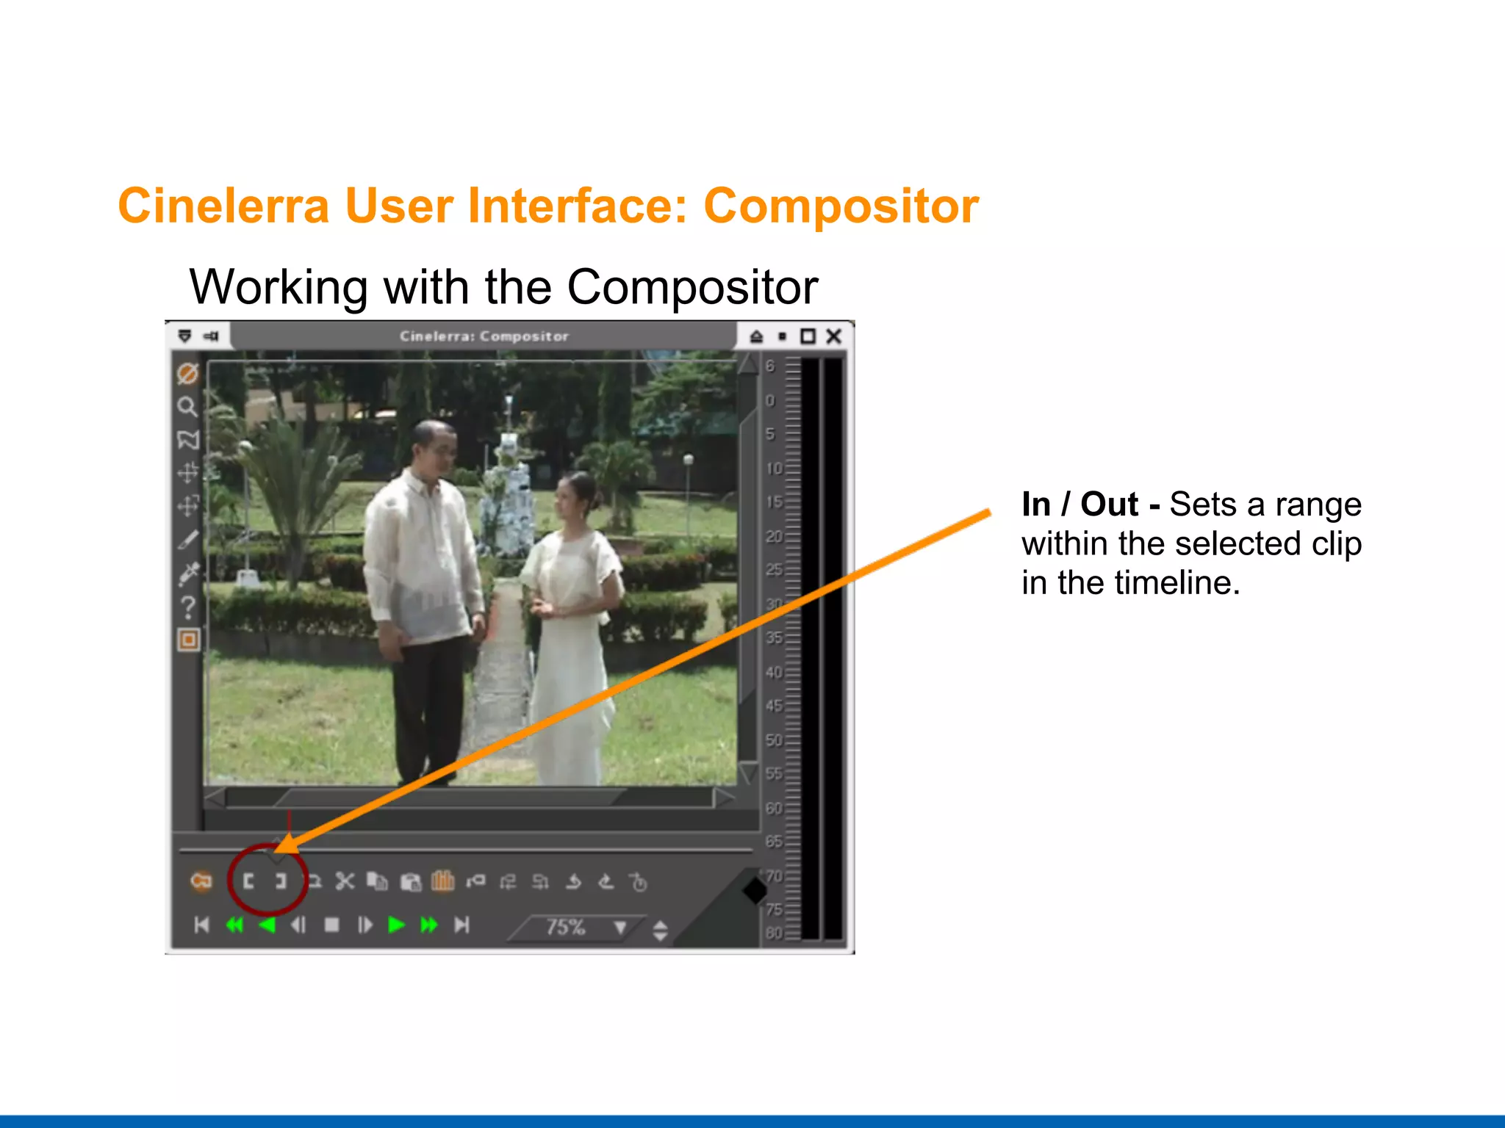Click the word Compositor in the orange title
point(841,206)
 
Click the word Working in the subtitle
point(278,287)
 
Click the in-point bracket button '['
point(248,881)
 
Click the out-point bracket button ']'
point(281,881)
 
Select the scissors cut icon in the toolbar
point(345,881)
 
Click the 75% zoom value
point(565,927)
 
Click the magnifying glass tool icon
point(187,407)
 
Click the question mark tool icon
point(188,607)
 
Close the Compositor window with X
point(833,336)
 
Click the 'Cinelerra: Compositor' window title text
point(484,336)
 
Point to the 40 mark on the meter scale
point(773,672)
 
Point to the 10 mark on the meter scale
point(773,469)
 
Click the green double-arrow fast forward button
point(428,925)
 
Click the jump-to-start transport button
point(201,925)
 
